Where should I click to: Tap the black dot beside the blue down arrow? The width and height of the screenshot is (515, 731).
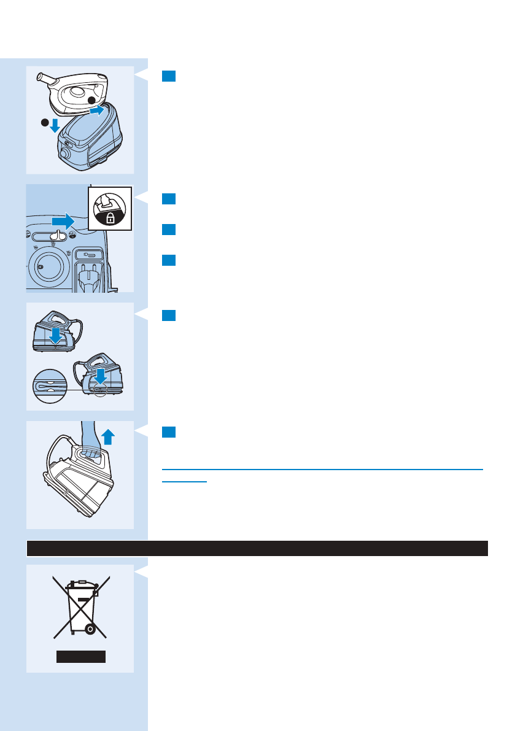click(x=44, y=123)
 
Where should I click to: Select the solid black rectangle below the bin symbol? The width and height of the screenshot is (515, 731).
click(x=81, y=657)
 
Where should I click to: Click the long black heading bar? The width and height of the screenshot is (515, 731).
click(x=257, y=548)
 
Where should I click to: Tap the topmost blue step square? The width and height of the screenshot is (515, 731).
click(x=169, y=76)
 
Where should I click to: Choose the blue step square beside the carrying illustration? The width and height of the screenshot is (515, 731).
click(x=169, y=432)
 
